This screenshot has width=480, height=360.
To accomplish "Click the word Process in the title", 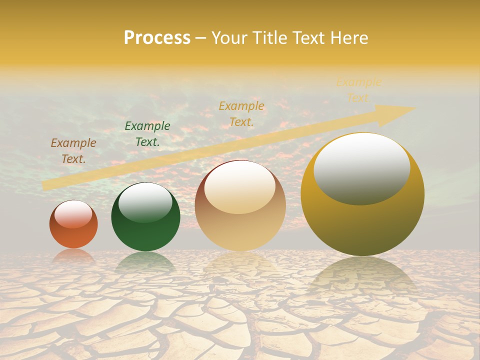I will point(157,38).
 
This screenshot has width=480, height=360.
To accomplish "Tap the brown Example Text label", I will point(73,151).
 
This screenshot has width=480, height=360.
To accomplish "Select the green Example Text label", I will point(147,134).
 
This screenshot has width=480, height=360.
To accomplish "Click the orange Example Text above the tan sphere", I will point(241,113).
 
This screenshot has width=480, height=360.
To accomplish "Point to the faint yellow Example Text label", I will point(359,90).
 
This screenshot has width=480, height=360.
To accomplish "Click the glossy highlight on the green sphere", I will point(145,203).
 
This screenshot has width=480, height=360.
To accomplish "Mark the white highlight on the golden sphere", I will point(361,168).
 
